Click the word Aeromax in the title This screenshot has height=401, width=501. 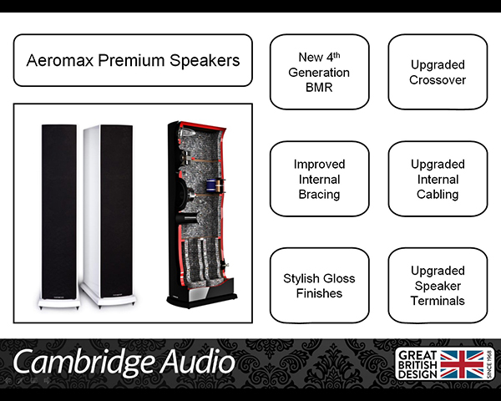(x=60, y=60)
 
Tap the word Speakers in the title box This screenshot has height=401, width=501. (x=205, y=60)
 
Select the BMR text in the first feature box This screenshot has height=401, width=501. (x=319, y=87)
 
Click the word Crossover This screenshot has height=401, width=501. (x=438, y=80)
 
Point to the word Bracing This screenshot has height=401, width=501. (x=319, y=195)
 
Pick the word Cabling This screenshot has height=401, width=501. (x=438, y=195)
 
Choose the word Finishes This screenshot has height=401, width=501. (x=319, y=293)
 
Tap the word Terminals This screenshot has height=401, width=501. (x=438, y=301)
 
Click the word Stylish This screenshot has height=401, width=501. (x=301, y=279)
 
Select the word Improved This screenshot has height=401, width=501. (x=319, y=165)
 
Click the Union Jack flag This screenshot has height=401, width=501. (x=462, y=364)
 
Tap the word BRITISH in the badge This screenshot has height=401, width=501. (x=417, y=365)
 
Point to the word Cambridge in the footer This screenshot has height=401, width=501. (x=83, y=363)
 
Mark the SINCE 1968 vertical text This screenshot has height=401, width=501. (x=488, y=364)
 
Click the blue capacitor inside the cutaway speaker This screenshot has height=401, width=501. (x=210, y=185)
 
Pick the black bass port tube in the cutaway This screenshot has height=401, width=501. (x=186, y=219)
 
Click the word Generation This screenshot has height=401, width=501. (x=319, y=73)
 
